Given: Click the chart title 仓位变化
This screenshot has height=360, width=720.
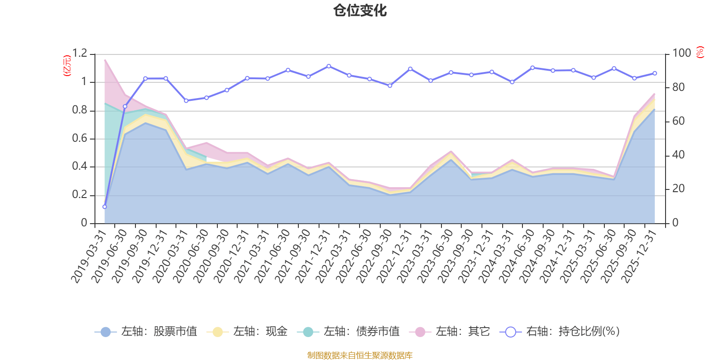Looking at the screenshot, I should click(x=360, y=11).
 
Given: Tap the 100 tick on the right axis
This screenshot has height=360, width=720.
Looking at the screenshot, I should click(x=681, y=53).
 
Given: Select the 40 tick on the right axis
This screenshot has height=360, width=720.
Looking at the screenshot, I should click(x=678, y=155).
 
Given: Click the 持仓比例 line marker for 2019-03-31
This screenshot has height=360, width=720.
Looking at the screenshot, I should click(x=104, y=207).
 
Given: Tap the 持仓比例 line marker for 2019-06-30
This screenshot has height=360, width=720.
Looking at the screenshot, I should click(x=125, y=107).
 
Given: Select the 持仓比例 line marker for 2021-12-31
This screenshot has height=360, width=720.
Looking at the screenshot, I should click(x=329, y=66).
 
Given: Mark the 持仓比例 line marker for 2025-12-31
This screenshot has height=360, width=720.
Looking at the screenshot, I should click(x=655, y=73).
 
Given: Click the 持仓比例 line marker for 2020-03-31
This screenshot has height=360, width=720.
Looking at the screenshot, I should click(x=186, y=100).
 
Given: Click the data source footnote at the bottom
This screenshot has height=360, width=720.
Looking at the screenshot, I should click(x=360, y=355).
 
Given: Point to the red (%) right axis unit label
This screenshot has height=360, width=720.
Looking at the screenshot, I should click(x=700, y=52).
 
